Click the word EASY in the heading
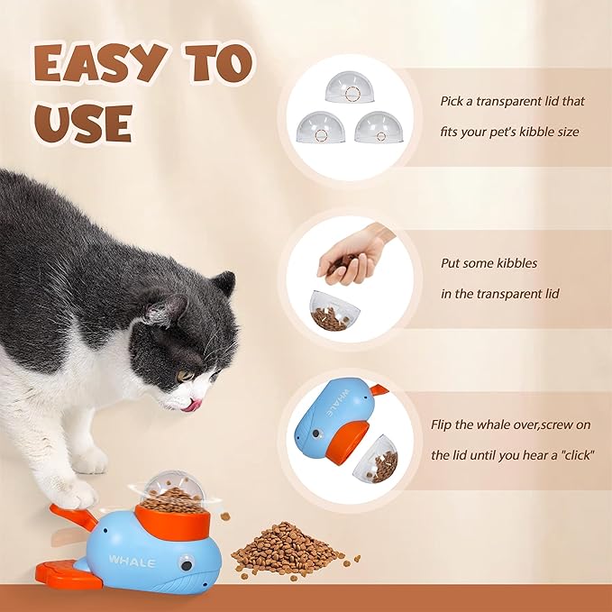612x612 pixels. [99, 63]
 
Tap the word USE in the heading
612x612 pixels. [84, 123]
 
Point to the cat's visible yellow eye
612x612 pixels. [185, 376]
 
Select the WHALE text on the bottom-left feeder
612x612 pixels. [132, 562]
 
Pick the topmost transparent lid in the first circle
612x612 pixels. [350, 87]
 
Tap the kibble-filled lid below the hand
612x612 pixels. [334, 311]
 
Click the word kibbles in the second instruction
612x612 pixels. [514, 263]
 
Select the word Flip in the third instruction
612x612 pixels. [442, 425]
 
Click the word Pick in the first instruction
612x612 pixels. [452, 102]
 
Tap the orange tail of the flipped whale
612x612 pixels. [378, 389]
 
